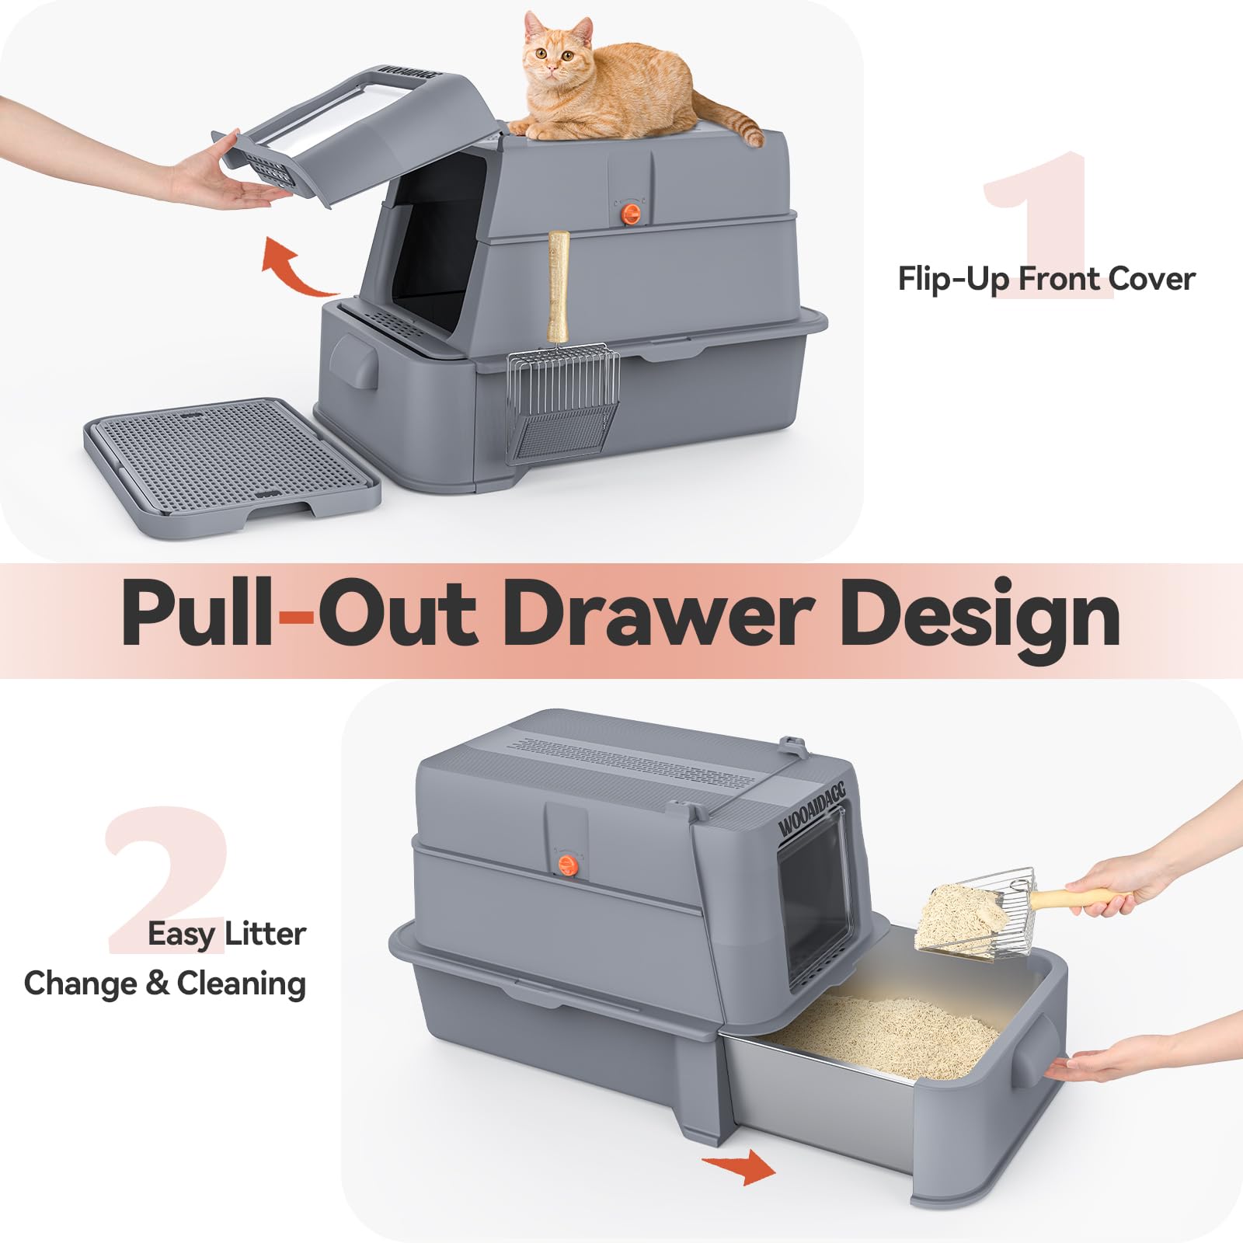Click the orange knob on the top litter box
633,214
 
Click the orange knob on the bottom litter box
568,865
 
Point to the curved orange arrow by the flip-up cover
296,268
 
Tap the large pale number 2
167,878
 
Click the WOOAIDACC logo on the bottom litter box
811,809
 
